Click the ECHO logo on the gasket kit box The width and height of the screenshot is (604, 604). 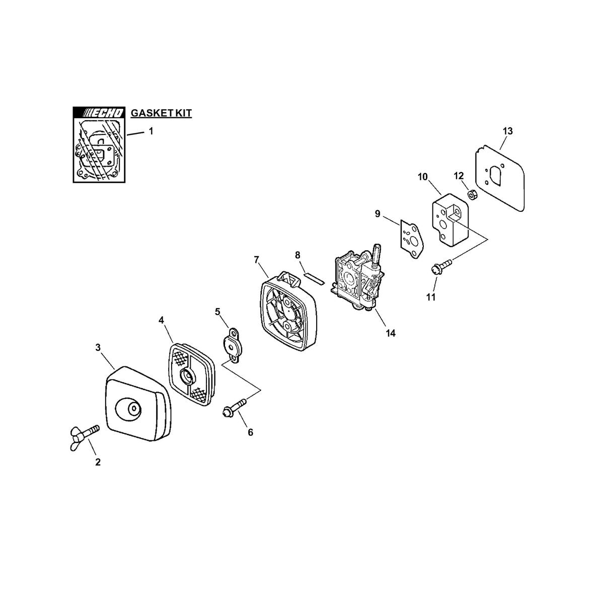(x=99, y=113)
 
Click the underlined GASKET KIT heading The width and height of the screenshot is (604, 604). (x=161, y=113)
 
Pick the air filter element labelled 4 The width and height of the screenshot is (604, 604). (x=191, y=374)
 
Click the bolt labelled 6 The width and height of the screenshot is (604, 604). (x=235, y=408)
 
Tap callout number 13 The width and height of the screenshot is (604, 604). (x=507, y=131)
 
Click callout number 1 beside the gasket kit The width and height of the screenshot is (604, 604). (x=151, y=131)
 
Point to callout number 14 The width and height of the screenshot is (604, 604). (x=390, y=334)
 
